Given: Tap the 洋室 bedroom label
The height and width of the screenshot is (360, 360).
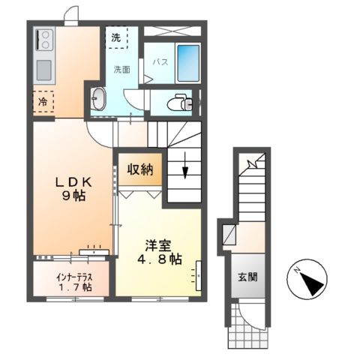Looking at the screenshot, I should [x=159, y=245].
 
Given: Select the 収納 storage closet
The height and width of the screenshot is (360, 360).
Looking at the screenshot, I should [x=141, y=169].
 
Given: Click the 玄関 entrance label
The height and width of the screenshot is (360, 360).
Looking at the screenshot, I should [x=248, y=277].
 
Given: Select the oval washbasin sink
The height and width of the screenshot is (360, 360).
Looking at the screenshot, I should [x=99, y=98].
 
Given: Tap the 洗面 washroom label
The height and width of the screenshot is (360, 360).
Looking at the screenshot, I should [x=122, y=70].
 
